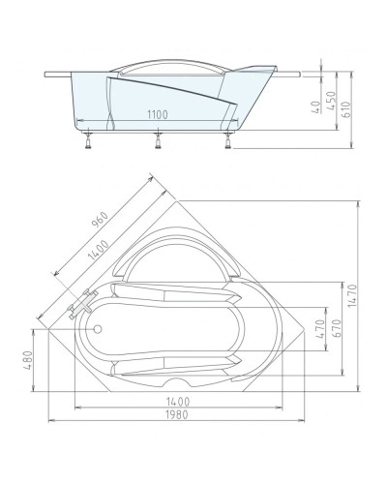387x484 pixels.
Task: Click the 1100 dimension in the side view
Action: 159,114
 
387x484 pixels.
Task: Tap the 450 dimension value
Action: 334,102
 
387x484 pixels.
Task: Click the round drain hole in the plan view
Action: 98,327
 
